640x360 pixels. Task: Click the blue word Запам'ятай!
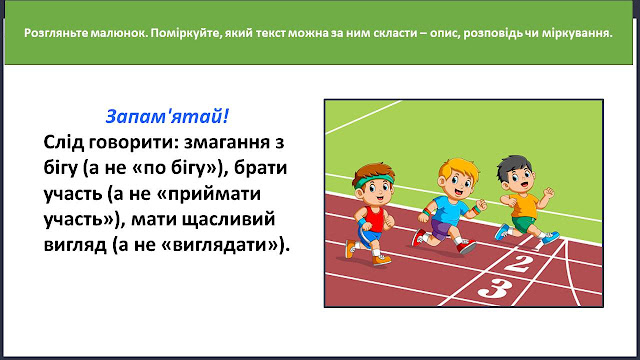pyautogui.click(x=167, y=116)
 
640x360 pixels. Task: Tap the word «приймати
pyautogui.click(x=209, y=194)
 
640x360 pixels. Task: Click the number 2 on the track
pyautogui.click(x=518, y=263)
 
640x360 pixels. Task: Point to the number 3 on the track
pyautogui.click(x=495, y=288)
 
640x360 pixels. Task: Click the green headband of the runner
pyautogui.click(x=373, y=181)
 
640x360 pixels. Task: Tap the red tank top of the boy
pyautogui.click(x=374, y=219)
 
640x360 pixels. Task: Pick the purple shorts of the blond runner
pyautogui.click(x=440, y=229)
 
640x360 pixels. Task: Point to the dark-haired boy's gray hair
pyautogui.click(x=513, y=166)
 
